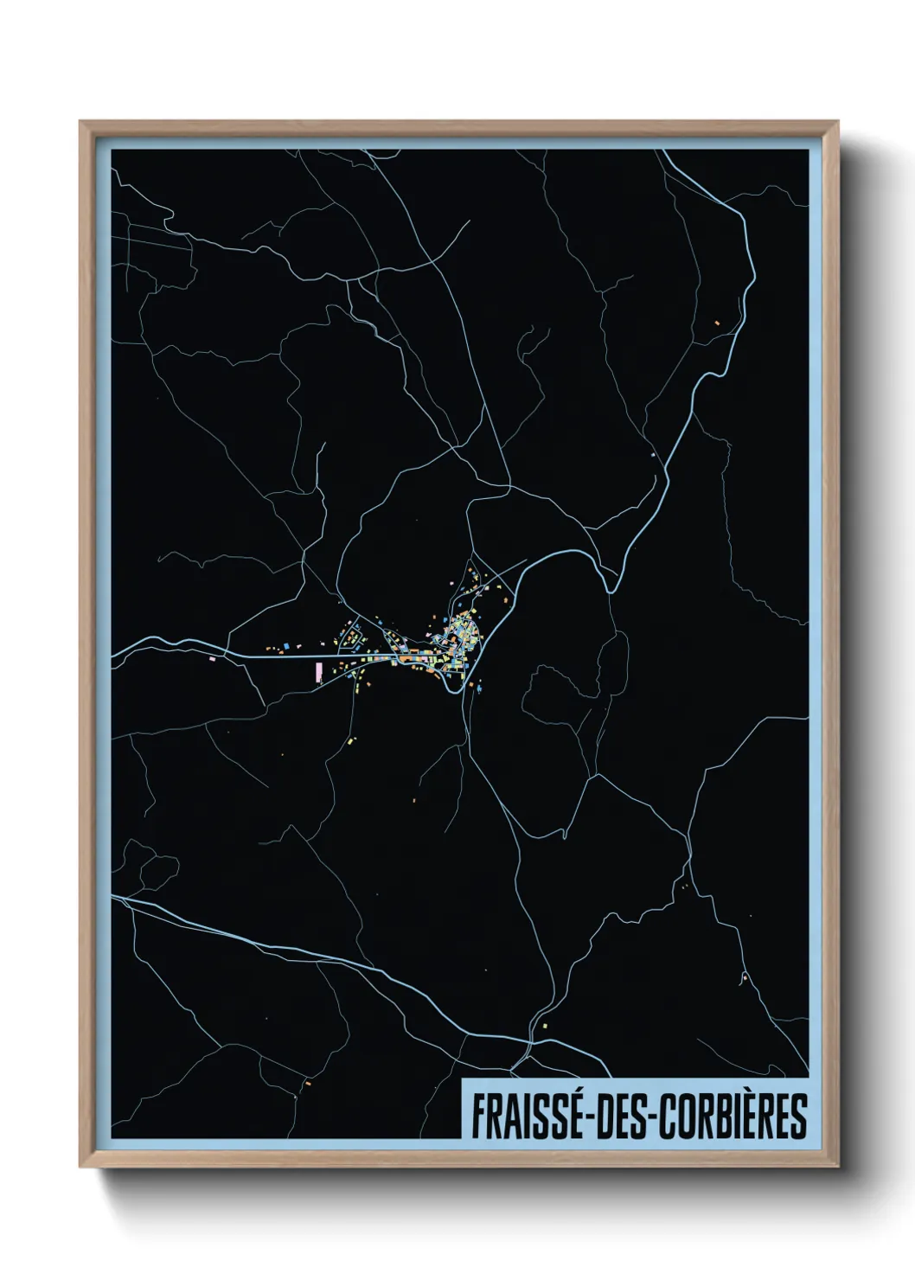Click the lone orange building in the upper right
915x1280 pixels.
(716, 323)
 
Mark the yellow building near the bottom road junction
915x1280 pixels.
(544, 1026)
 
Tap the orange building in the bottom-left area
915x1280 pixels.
(307, 1082)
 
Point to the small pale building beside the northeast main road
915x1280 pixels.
(652, 452)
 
